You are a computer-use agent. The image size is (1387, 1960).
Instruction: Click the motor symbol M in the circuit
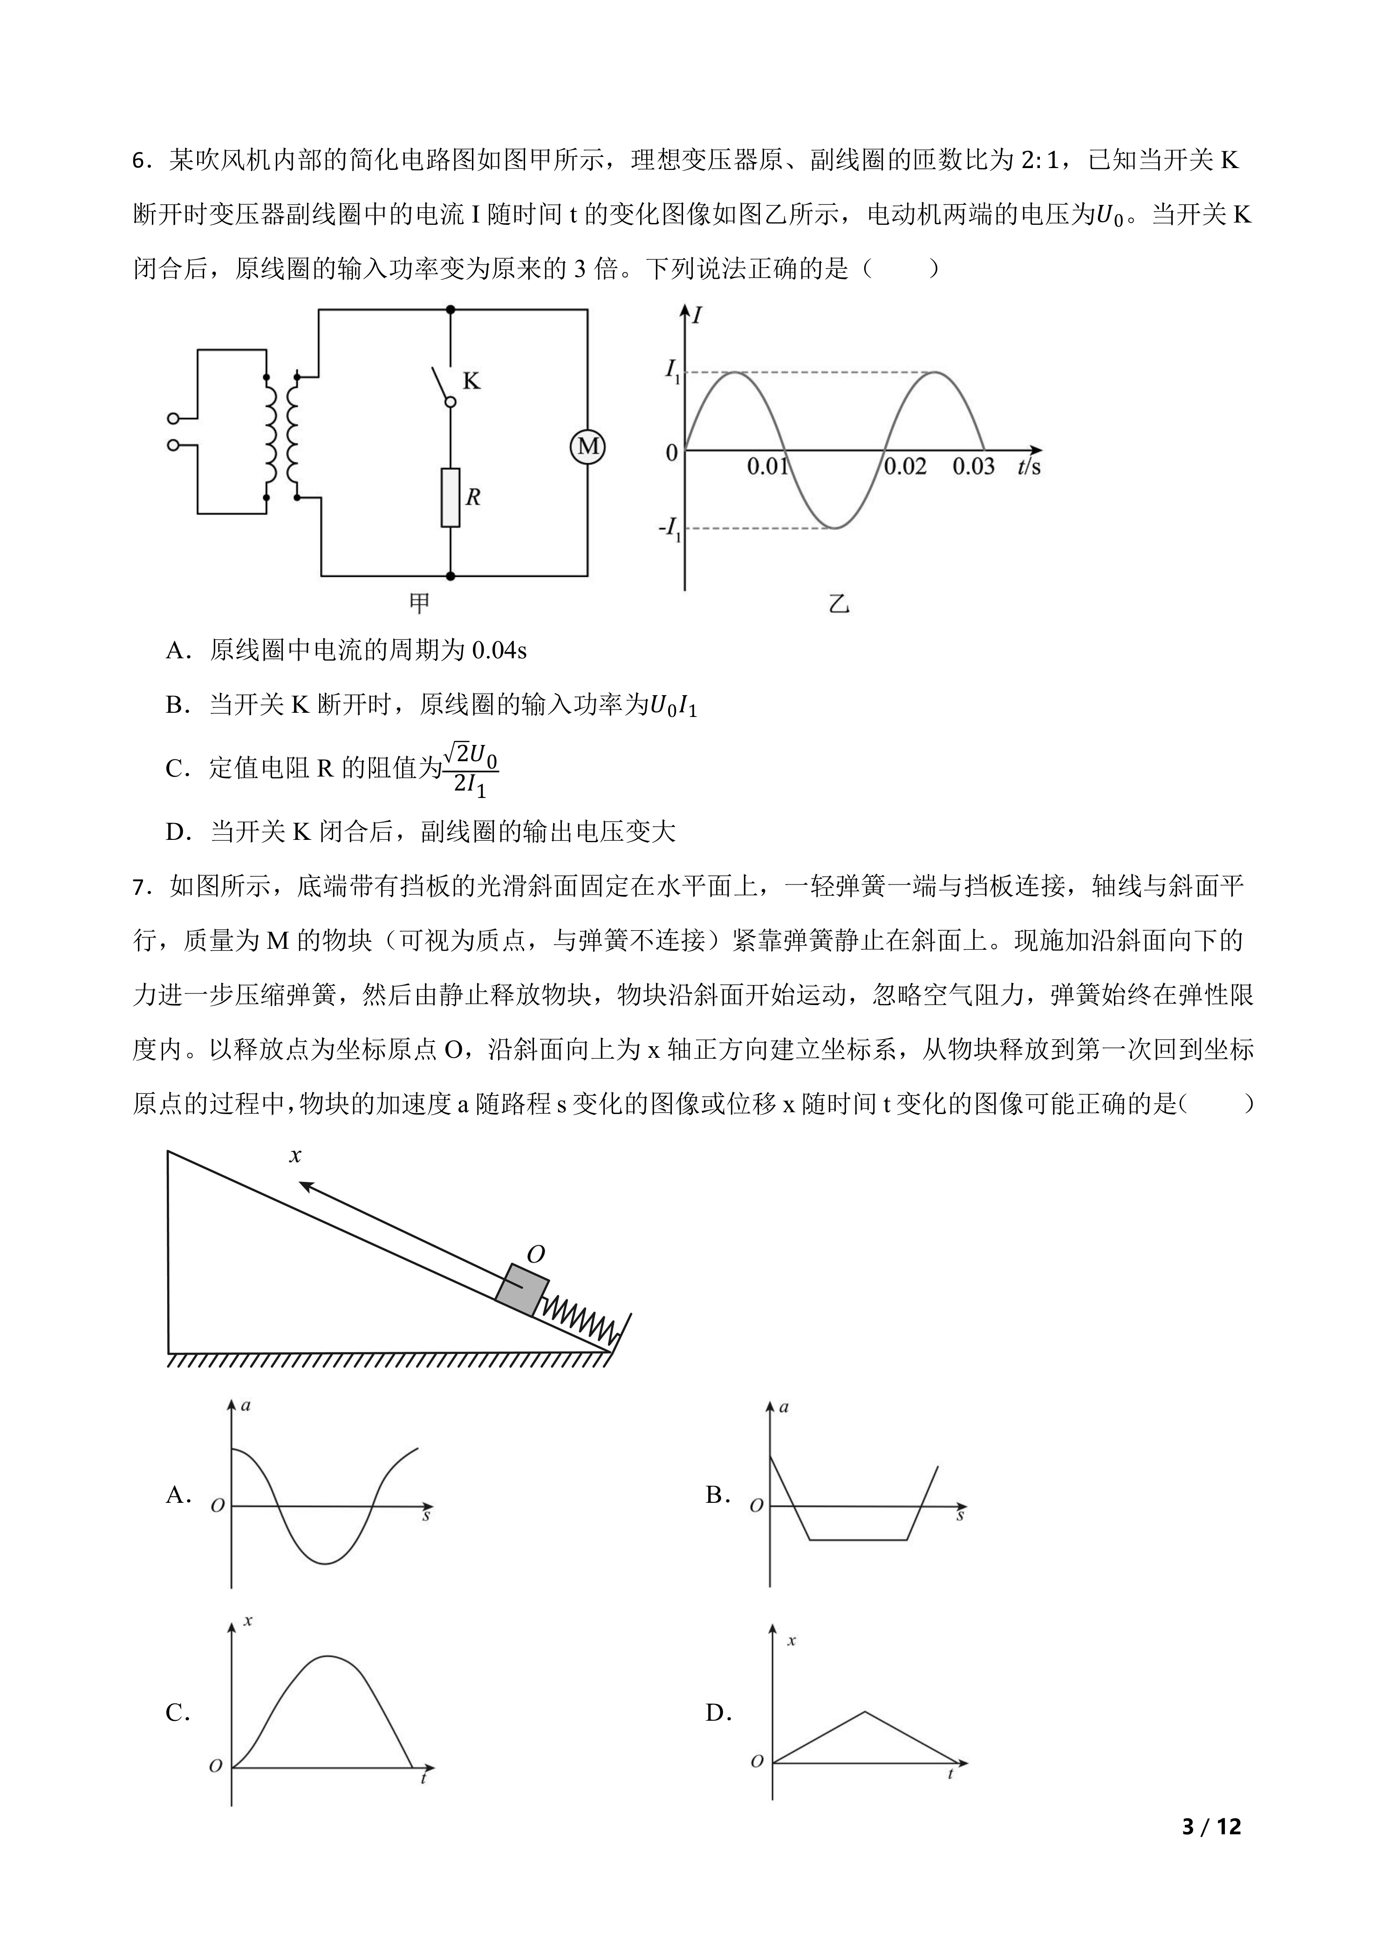pyautogui.click(x=588, y=446)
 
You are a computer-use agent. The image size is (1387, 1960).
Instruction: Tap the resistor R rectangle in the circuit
pyautogui.click(x=450, y=497)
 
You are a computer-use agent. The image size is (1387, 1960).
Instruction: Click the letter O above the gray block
pyautogui.click(x=535, y=1254)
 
